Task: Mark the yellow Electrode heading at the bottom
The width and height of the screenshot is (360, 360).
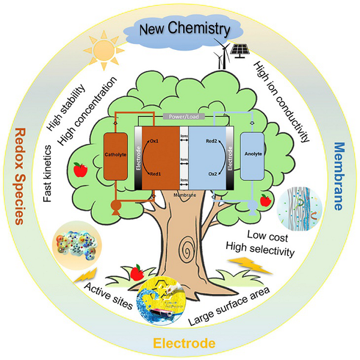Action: (x=184, y=344)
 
